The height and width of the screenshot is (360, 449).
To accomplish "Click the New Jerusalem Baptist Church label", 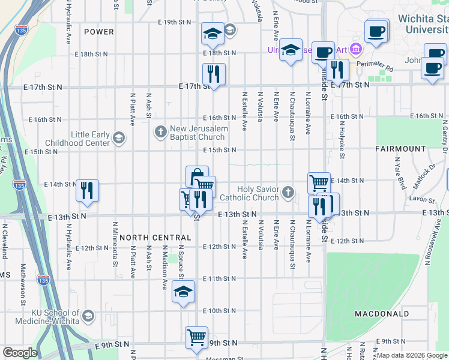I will (199, 133).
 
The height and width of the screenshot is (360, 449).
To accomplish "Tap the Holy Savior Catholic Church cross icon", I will (289, 193).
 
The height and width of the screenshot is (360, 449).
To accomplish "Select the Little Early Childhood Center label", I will (91, 139).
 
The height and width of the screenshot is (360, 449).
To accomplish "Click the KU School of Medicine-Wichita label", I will (41, 317).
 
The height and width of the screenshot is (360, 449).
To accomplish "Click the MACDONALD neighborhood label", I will (382, 314).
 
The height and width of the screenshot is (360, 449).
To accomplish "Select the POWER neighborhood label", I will (99, 31).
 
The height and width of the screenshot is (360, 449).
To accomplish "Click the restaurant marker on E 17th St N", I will (214, 74).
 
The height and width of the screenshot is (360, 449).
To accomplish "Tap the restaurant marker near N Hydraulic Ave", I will (87, 190).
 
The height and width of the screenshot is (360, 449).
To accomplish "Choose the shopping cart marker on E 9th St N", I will (196, 337).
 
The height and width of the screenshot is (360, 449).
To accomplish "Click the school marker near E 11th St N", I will (184, 292).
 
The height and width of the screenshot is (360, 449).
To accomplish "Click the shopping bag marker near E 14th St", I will (197, 176).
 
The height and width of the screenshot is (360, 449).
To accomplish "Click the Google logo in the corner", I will (19, 353).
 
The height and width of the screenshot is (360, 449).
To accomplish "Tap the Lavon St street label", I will (423, 199).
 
